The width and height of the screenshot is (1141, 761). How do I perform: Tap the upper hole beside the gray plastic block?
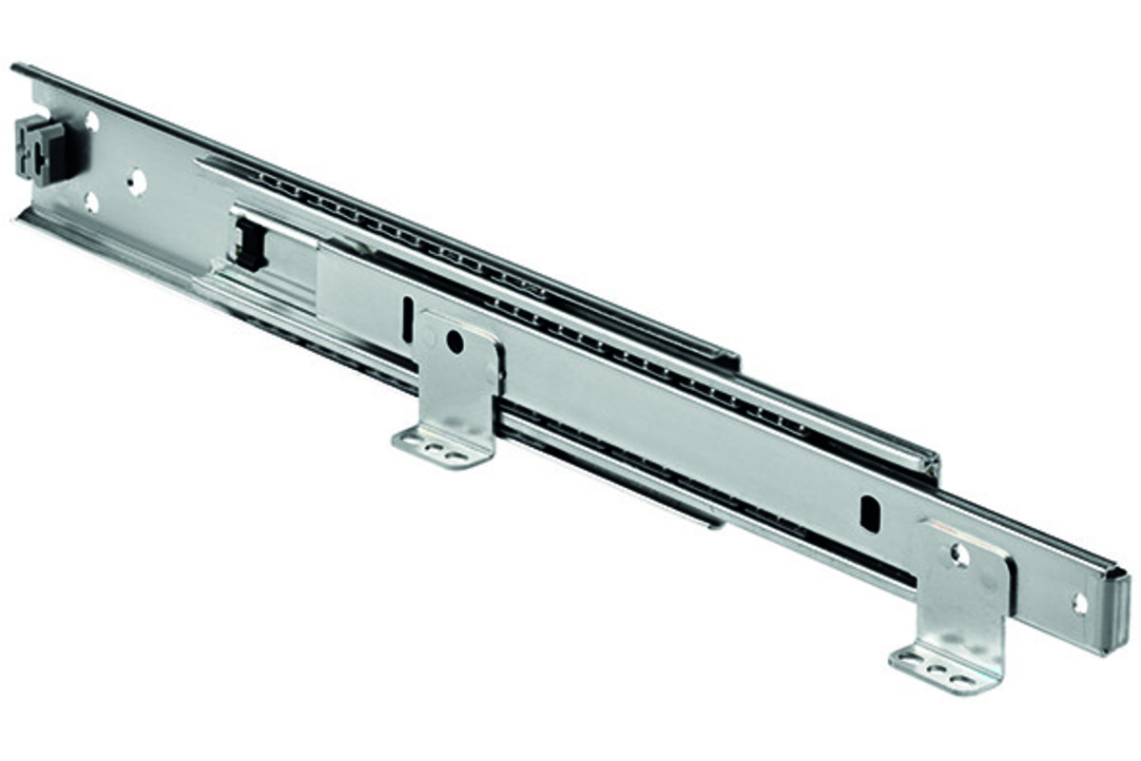pos(92,122)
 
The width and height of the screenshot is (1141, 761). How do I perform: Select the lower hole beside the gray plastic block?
pos(91,201)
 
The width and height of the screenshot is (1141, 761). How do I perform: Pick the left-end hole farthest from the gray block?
pos(137,181)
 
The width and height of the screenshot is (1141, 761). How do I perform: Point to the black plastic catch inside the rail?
pos(250,243)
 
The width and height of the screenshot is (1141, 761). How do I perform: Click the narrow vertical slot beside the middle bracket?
pos(407,319)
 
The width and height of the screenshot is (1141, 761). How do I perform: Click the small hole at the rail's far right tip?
pos(1080,602)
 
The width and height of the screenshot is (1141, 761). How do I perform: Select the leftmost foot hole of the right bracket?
pos(911,658)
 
